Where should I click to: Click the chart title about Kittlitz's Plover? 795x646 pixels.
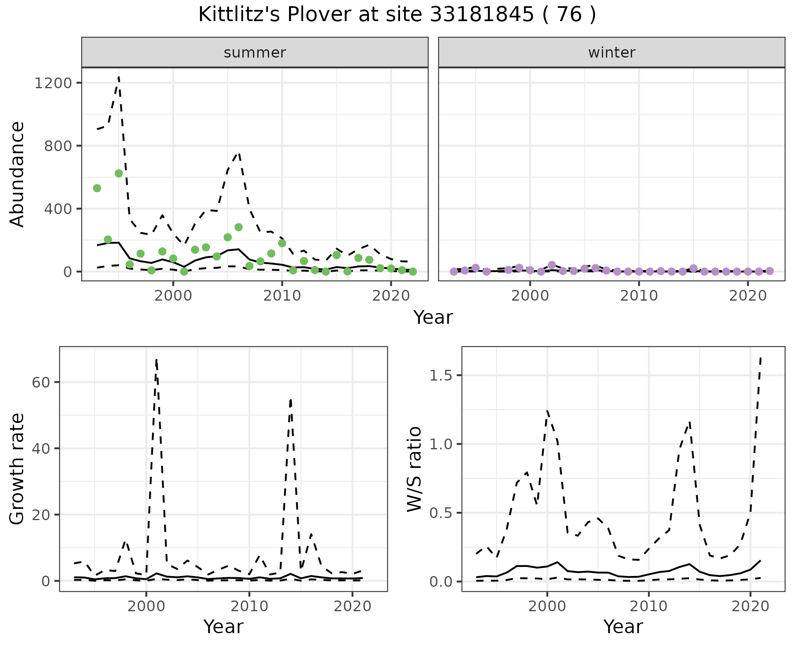point(397,15)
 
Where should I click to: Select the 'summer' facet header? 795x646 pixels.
point(255,53)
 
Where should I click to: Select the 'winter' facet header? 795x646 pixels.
point(612,53)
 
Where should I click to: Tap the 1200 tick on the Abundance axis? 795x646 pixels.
point(53,83)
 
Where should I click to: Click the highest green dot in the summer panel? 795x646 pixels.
point(119,173)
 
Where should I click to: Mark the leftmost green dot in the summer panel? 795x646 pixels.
point(97,188)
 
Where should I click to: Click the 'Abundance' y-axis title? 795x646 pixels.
point(17,174)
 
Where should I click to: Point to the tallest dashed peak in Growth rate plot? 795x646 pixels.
point(156,360)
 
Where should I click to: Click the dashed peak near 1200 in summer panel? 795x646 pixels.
point(119,77)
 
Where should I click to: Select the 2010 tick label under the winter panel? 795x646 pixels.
point(639,296)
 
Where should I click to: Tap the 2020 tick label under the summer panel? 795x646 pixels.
point(391,296)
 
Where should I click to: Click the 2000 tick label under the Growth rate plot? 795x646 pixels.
point(146,606)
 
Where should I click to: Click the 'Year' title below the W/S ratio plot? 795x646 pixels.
point(623,627)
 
